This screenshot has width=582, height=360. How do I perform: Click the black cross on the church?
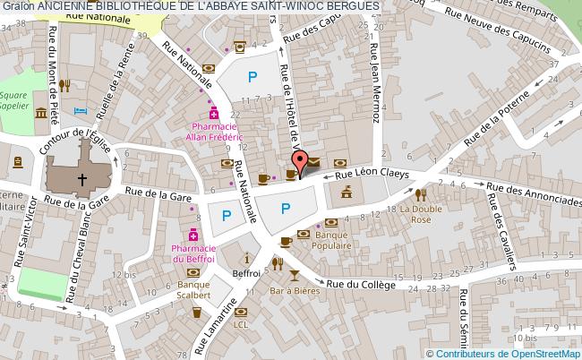point(82,178)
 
